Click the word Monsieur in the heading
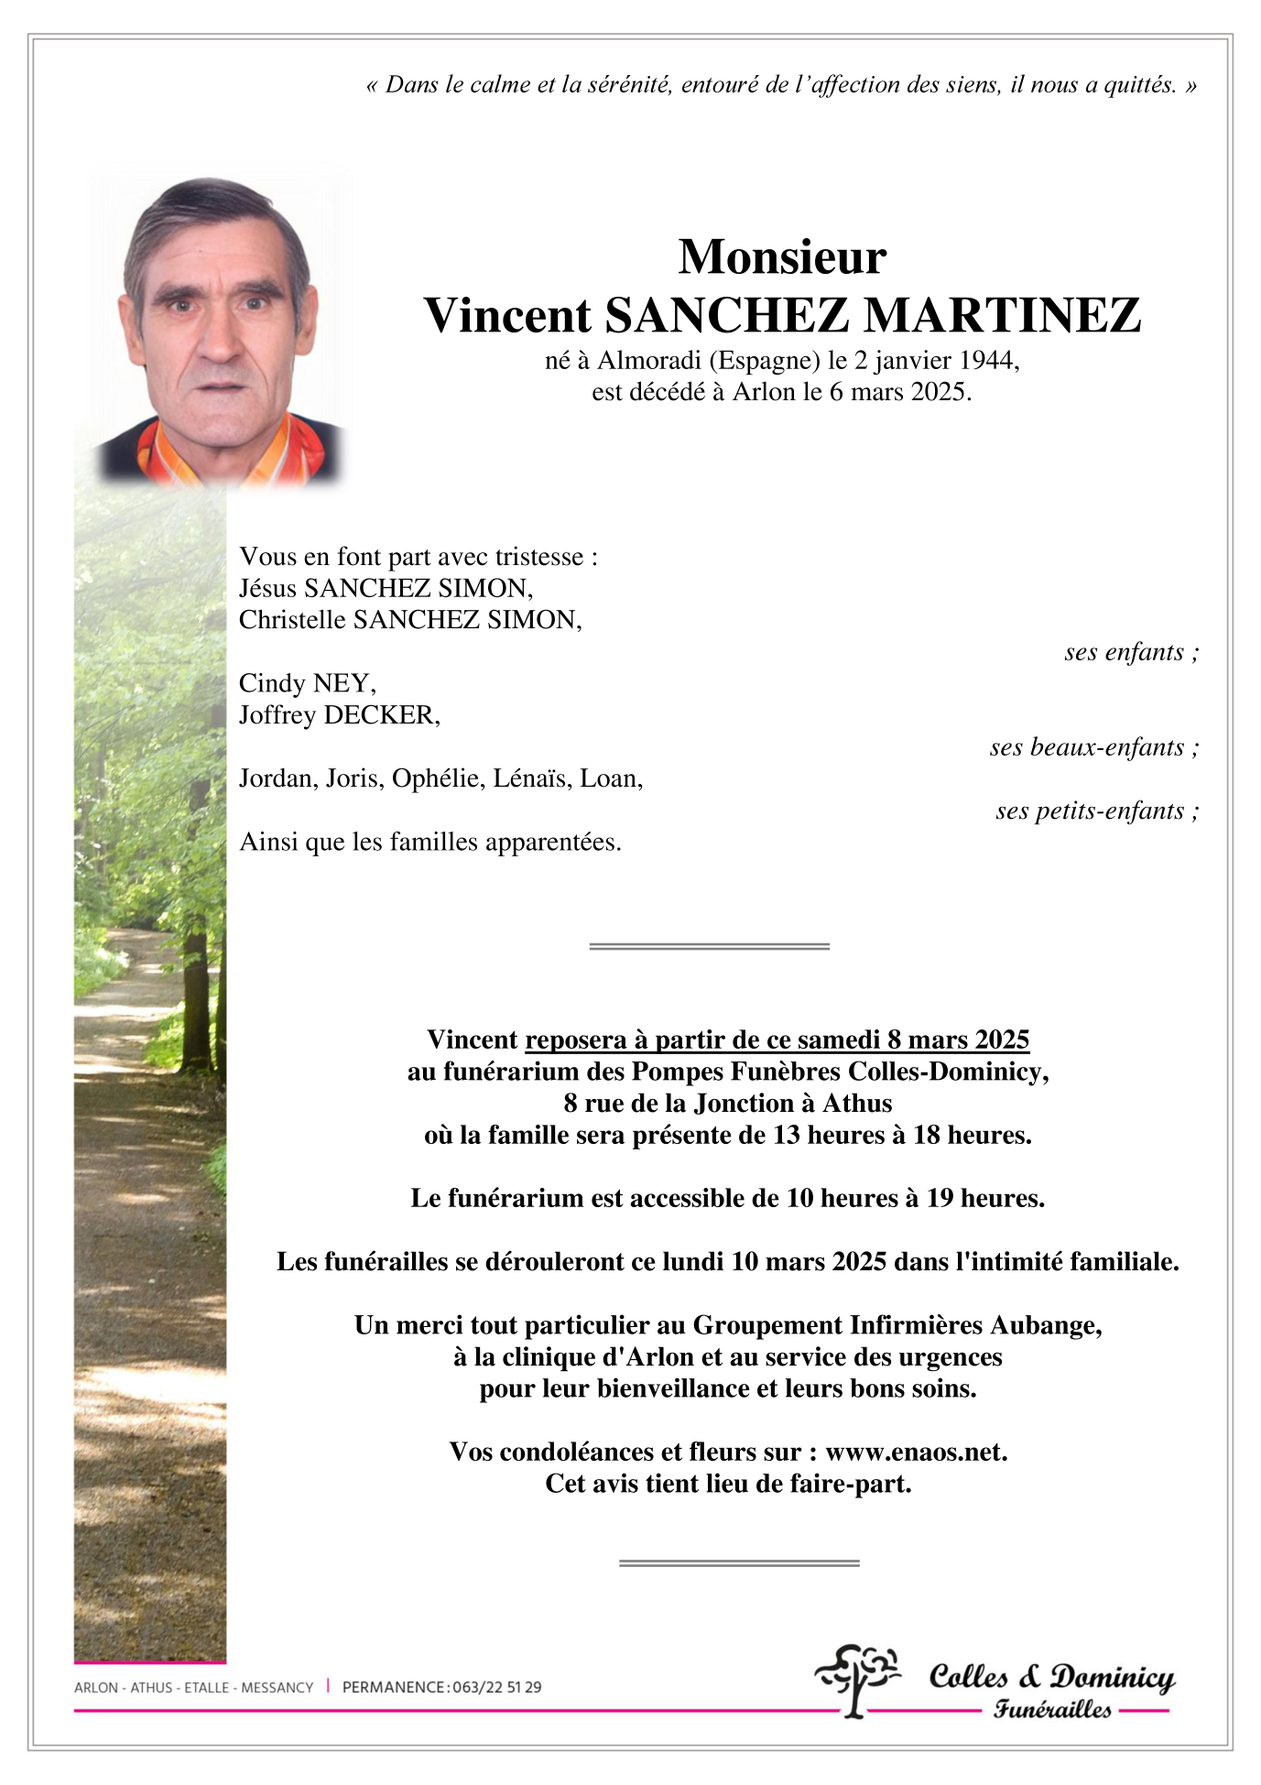click(x=782, y=257)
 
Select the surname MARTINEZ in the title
click(x=1003, y=316)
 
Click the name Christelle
click(x=293, y=620)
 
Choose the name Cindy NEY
click(x=307, y=683)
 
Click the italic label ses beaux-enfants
click(x=1092, y=747)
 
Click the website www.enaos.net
click(x=915, y=1453)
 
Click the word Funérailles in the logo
click(x=1052, y=1710)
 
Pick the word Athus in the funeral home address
click(x=857, y=1104)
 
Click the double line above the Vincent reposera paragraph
click(x=709, y=946)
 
